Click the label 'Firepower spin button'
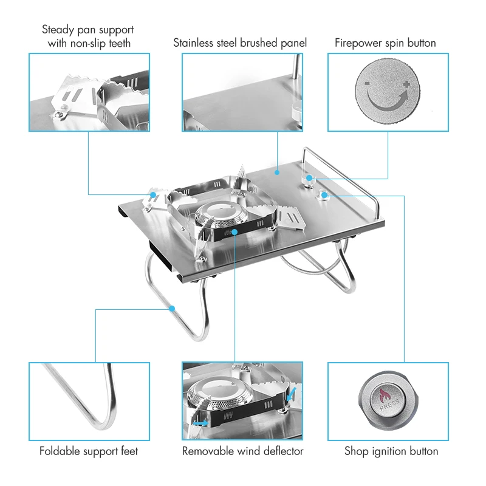[x=385, y=43]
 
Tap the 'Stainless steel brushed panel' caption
[x=240, y=43]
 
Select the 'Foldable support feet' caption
[x=89, y=451]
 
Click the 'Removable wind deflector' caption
[x=242, y=451]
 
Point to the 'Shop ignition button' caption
[x=391, y=451]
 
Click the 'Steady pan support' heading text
[x=88, y=29]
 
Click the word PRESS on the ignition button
[x=389, y=405]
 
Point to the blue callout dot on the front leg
[x=172, y=309]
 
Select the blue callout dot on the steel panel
[x=277, y=173]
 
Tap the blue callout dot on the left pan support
[x=154, y=195]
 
